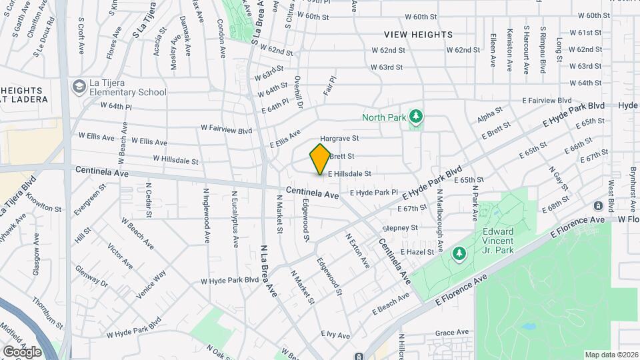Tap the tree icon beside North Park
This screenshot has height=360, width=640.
(416, 118)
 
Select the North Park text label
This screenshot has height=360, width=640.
(384, 118)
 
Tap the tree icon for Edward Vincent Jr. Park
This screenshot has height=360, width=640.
(459, 253)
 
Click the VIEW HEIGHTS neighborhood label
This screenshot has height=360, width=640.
(418, 35)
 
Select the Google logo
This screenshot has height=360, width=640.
(22, 351)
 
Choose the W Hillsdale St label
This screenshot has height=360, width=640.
(176, 160)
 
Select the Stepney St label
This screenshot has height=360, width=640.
(401, 228)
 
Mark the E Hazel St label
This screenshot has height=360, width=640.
(417, 252)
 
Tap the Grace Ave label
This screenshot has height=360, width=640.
(453, 332)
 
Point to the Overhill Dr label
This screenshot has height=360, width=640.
(299, 93)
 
